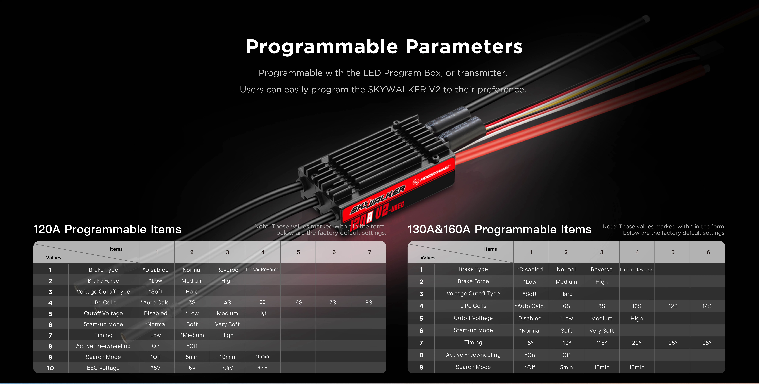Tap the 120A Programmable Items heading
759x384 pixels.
[x=107, y=229]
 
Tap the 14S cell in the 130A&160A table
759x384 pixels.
[x=707, y=306]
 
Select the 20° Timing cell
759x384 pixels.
[x=637, y=343]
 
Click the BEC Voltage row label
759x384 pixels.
[x=103, y=368]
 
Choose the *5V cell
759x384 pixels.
[x=156, y=368]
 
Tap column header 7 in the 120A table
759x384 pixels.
[x=369, y=252]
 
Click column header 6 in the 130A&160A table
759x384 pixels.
[x=708, y=252]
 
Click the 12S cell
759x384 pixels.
[x=673, y=306]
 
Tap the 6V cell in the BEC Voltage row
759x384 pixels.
[x=192, y=368]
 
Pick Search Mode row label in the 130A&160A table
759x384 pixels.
[x=473, y=367]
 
